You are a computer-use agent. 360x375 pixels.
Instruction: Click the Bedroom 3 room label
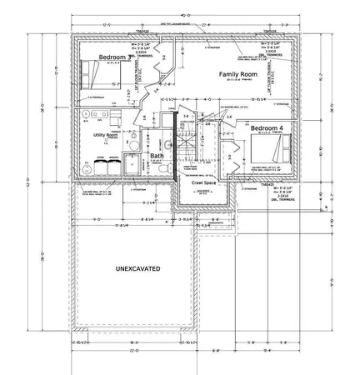click(112, 57)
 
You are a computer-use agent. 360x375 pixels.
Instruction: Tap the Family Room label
click(236, 75)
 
